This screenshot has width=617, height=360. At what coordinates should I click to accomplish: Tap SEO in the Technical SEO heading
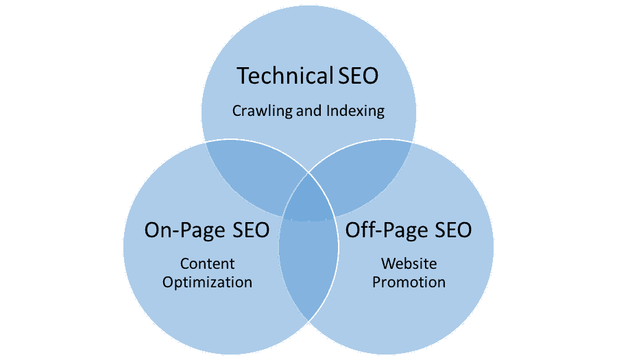[x=358, y=75]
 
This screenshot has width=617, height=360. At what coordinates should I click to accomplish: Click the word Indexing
[x=354, y=110]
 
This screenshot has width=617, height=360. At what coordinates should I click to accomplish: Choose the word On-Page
[x=183, y=230]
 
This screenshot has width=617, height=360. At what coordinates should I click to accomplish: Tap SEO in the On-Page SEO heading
[x=247, y=230]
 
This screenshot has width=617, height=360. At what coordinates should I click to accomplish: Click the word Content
[x=207, y=264]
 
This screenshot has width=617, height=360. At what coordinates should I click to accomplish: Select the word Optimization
[x=207, y=282]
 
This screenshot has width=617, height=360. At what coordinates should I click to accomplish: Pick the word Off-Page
[x=384, y=230]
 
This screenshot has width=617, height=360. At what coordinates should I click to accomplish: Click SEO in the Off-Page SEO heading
[x=450, y=230]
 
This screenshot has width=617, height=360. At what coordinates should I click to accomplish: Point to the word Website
[x=409, y=264]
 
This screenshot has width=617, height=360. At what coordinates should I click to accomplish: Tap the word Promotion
[x=409, y=282]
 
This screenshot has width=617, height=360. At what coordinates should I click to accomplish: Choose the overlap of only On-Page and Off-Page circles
[x=308, y=274]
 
